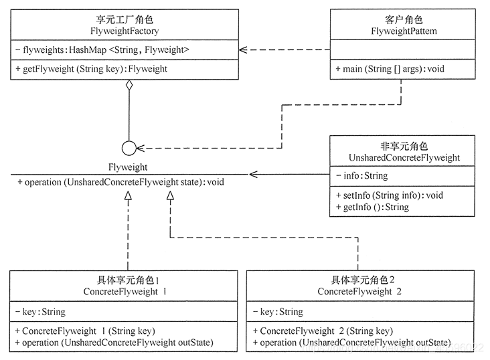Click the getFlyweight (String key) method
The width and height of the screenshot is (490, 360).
tap(90, 68)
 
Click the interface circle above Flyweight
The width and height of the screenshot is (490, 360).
tap(129, 148)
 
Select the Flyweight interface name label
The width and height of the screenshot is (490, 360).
tap(128, 167)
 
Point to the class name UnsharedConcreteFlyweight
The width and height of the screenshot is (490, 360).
tap(404, 158)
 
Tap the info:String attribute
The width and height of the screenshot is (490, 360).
tap(361, 176)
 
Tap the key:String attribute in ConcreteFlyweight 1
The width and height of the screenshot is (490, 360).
tap(39, 311)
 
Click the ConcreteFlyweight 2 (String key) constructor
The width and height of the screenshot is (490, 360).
tap(323, 331)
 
